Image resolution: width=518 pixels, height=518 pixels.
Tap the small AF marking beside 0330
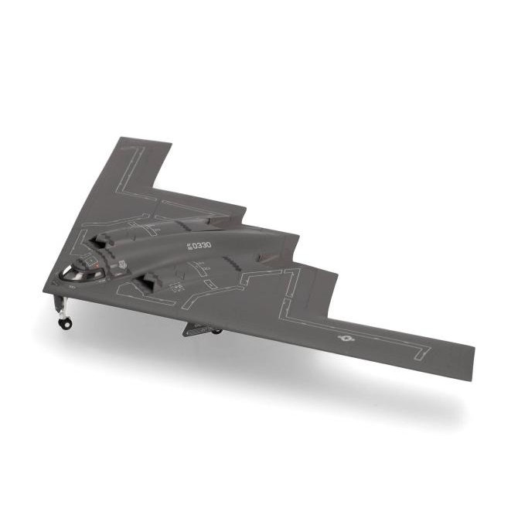[x=186, y=247]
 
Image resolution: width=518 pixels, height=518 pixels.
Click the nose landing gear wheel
[x=66, y=323]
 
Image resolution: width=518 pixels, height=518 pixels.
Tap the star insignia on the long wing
[x=345, y=337]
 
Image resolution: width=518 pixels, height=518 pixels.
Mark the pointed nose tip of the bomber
[x=44, y=288]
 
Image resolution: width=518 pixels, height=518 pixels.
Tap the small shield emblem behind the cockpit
[x=118, y=268]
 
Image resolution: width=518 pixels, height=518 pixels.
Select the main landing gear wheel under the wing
[x=216, y=332]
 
